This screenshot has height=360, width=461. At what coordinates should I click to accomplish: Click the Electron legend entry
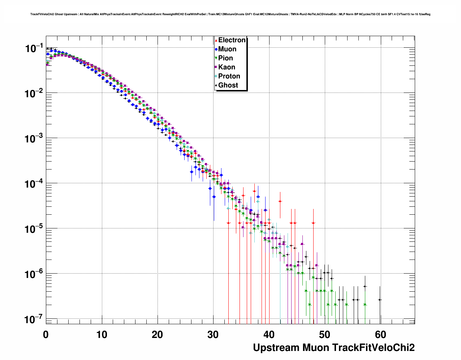(x=232, y=40)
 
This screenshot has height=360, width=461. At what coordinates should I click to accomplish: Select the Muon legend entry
(x=227, y=49)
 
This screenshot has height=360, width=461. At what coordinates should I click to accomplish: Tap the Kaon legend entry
(x=227, y=67)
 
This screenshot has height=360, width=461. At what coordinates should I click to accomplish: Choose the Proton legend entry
(x=229, y=76)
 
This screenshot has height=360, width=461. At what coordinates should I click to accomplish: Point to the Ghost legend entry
(x=228, y=85)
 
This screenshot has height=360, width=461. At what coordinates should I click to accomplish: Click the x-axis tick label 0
(x=46, y=335)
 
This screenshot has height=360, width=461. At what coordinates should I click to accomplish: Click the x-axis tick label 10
(x=102, y=335)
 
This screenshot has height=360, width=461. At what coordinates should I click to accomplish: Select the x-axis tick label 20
(x=158, y=335)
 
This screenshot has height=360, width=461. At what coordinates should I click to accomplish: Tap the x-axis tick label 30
(x=213, y=335)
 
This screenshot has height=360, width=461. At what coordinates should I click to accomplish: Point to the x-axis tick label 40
(x=269, y=335)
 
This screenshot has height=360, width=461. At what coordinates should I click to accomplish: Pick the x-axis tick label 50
(x=325, y=335)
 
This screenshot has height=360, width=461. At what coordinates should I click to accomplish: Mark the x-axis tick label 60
(x=380, y=335)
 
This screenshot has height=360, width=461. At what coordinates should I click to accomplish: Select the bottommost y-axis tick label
(x=33, y=320)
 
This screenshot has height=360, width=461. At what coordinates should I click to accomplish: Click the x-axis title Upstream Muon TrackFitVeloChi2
(x=333, y=348)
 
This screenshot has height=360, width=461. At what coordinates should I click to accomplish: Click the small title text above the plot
(x=230, y=14)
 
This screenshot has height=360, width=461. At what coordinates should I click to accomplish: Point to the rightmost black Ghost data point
(x=380, y=300)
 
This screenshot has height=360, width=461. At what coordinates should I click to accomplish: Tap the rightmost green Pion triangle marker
(x=365, y=305)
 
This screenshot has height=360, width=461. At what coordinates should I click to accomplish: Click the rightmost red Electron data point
(x=313, y=223)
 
